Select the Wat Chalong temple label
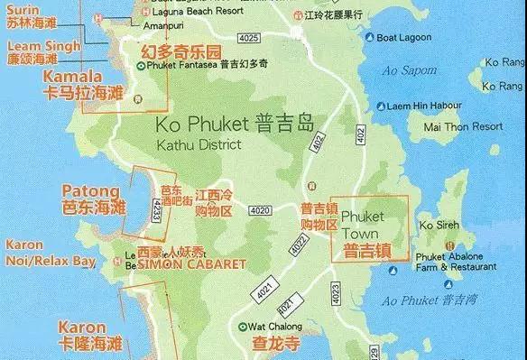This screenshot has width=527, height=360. pos(273,326)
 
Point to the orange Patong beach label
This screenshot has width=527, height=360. pos(89,191)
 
